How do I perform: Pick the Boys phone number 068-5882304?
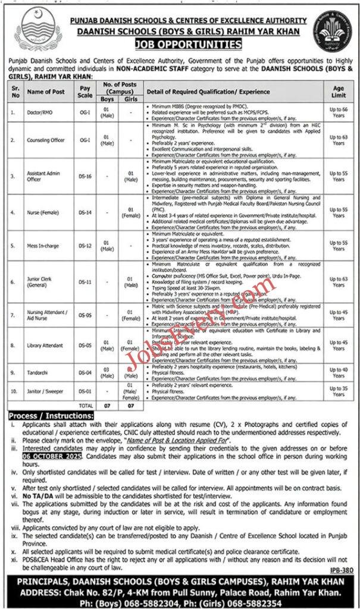pos(159,599)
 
